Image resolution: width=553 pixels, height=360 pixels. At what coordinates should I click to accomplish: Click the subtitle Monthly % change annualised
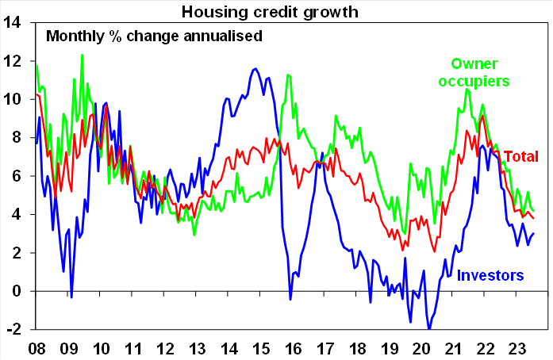[x=154, y=36]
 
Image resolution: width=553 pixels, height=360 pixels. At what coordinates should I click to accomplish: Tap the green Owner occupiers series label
[x=480, y=71]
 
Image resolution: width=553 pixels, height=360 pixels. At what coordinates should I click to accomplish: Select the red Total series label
[x=521, y=155]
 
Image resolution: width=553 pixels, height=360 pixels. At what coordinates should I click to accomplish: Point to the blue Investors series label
[x=491, y=275]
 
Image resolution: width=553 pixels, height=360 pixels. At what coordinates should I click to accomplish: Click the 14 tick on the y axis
[x=16, y=22]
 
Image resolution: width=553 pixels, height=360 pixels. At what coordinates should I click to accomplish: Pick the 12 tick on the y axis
[x=16, y=60]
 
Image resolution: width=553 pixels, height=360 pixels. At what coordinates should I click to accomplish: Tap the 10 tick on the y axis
[x=16, y=99]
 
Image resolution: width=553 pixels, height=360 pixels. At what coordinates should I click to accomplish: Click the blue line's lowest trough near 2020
[x=429, y=328]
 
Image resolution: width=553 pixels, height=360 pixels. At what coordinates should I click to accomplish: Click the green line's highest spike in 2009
[x=82, y=55]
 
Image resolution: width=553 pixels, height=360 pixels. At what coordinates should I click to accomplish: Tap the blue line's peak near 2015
[x=255, y=69]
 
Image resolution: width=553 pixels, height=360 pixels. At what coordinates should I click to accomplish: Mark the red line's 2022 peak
[x=482, y=116]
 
